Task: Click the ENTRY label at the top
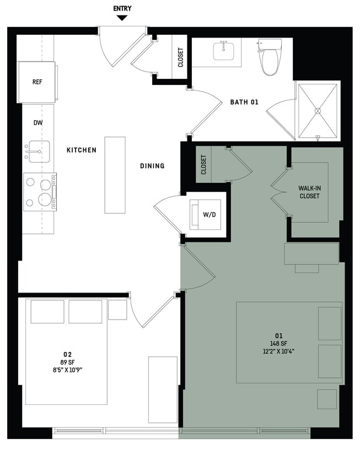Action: click(122, 8)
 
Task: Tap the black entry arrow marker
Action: click(122, 18)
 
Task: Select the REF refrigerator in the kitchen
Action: click(37, 82)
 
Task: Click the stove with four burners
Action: click(40, 192)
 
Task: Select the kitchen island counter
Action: click(115, 175)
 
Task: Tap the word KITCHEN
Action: click(82, 150)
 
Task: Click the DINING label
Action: click(152, 166)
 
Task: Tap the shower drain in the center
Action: click(318, 111)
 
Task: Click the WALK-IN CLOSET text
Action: click(309, 192)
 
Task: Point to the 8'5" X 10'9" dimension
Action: click(67, 370)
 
